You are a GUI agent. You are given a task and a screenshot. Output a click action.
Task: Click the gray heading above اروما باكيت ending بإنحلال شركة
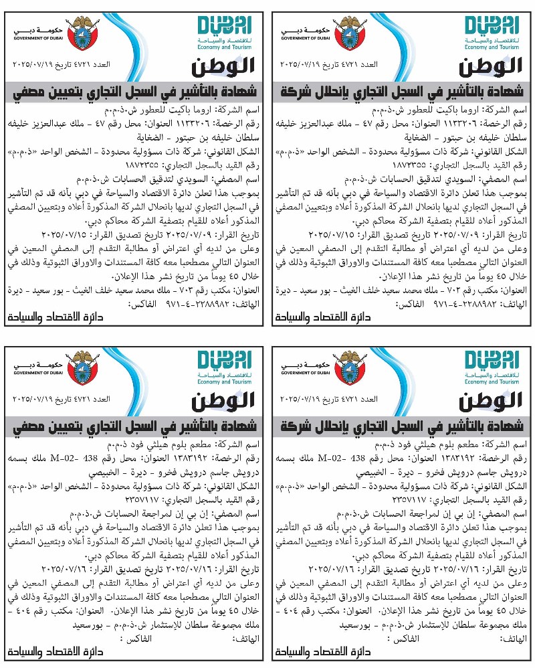pyautogui.click(x=402, y=90)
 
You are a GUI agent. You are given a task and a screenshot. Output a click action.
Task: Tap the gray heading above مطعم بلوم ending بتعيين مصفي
pyautogui.click(x=134, y=426)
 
